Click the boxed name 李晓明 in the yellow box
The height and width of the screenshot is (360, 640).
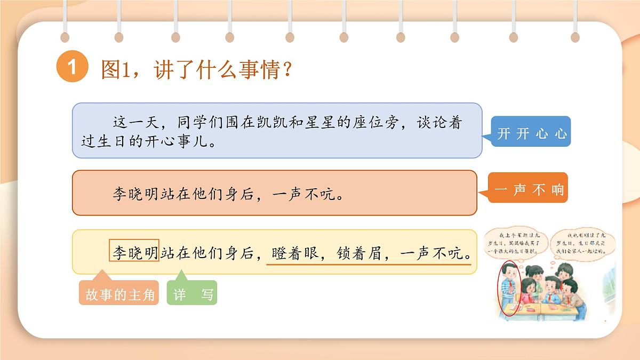(x=134, y=251)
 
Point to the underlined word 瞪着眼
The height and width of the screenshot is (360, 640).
(x=295, y=253)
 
